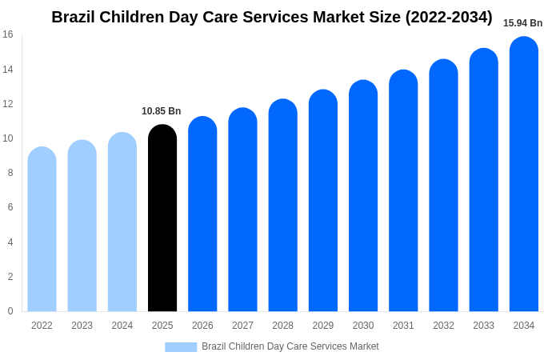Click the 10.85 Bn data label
click(x=162, y=111)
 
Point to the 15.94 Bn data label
click(x=522, y=23)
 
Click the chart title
click(x=272, y=17)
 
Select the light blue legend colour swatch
click(x=181, y=347)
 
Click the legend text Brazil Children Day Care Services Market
click(x=290, y=346)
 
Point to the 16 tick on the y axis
click(x=8, y=34)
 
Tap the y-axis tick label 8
click(x=10, y=173)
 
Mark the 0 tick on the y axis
click(x=10, y=311)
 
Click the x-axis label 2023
click(x=82, y=326)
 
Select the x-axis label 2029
click(x=323, y=326)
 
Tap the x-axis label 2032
click(x=443, y=326)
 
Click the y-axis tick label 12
click(x=8, y=104)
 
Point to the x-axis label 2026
click(x=202, y=326)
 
